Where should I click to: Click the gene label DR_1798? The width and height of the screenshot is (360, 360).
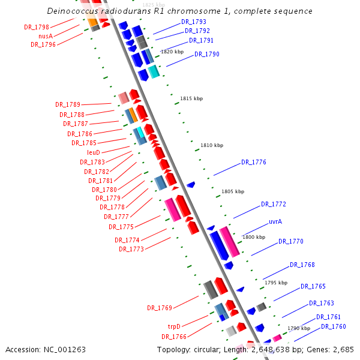[x=37, y=27]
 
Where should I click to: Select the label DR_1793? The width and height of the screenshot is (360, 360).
[x=193, y=22]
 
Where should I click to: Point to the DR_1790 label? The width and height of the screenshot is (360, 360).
[x=206, y=54]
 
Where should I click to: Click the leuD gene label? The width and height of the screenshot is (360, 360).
[x=94, y=152]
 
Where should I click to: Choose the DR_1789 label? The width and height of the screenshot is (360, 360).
[x=68, y=105]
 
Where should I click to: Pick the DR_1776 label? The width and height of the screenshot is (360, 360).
[x=253, y=162]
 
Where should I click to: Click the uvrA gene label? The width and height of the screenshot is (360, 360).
[x=275, y=221]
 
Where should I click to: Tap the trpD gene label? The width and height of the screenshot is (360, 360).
[x=174, y=327]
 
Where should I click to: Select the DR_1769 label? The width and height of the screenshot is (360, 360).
[x=160, y=308]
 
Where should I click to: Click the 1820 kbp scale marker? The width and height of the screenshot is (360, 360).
[x=172, y=52]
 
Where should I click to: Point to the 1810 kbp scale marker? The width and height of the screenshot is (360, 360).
[x=211, y=145]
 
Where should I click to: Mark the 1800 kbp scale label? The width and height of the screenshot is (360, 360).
[x=253, y=237]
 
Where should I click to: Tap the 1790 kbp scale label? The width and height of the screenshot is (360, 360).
[x=299, y=328]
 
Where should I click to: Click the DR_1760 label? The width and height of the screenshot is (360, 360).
[x=333, y=326]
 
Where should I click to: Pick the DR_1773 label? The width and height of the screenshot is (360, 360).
[x=131, y=249]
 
